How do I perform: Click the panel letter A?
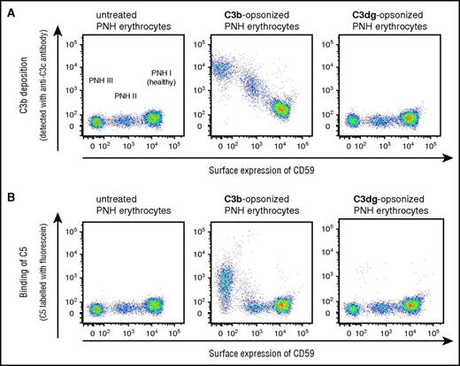[9, 9]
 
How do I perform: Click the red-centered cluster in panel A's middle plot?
[280, 110]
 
